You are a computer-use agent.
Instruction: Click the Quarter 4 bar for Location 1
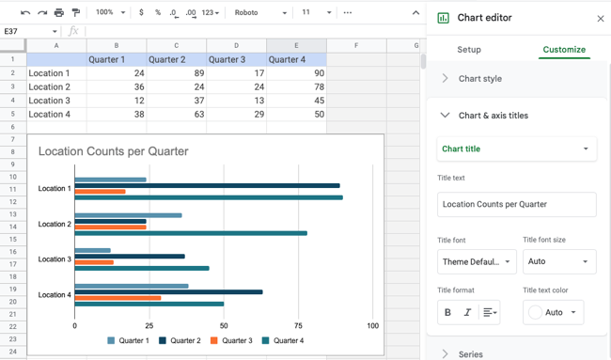pyautogui.click(x=207, y=197)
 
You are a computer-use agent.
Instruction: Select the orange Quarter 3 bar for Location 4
pyautogui.click(x=117, y=298)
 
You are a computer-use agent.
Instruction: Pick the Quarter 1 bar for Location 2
pyautogui.click(x=128, y=215)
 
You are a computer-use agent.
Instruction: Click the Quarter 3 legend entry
pyautogui.click(x=231, y=340)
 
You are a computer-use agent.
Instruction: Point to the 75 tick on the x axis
pyautogui.click(x=298, y=326)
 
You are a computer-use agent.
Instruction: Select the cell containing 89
pyautogui.click(x=176, y=72)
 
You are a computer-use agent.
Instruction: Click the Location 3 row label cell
pyautogui.click(x=56, y=101)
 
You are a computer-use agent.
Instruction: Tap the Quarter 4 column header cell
pyautogui.click(x=295, y=59)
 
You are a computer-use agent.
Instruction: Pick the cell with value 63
pyautogui.click(x=176, y=115)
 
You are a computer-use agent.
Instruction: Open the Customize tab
pyautogui.click(x=564, y=50)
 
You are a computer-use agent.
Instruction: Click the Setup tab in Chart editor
pyautogui.click(x=469, y=50)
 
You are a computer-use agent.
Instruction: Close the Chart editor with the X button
pyautogui.click(x=601, y=19)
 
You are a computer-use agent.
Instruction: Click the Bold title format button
pyautogui.click(x=447, y=312)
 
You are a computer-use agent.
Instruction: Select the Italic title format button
pyautogui.click(x=467, y=312)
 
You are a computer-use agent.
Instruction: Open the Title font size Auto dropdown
pyautogui.click(x=559, y=261)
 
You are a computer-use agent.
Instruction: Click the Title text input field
pyautogui.click(x=516, y=204)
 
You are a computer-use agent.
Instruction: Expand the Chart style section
pyautogui.click(x=479, y=79)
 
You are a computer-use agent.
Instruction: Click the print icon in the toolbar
pyautogui.click(x=59, y=12)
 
